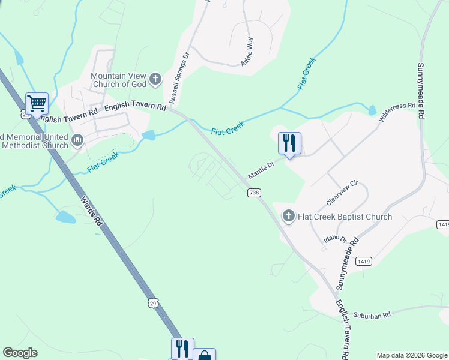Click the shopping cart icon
37,103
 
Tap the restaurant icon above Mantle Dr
289,143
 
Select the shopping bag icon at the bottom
204,355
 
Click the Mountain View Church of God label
118,80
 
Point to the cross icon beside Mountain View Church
155,79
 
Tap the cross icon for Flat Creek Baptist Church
289,216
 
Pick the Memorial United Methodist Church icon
77,141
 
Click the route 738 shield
254,193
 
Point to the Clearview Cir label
342,191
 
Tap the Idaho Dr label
336,239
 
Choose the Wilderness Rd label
397,113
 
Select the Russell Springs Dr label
179,77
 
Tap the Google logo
20,353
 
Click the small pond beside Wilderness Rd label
372,110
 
